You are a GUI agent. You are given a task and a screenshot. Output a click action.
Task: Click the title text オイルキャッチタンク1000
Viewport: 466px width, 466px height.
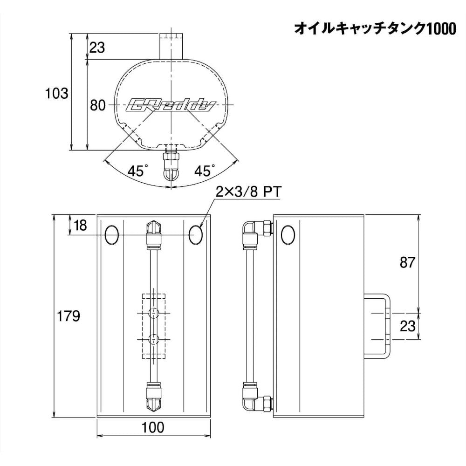point(375,29)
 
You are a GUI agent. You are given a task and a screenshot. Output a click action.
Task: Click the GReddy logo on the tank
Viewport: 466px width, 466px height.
point(171,105)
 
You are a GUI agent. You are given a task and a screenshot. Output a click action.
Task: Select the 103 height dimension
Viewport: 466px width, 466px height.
point(56,93)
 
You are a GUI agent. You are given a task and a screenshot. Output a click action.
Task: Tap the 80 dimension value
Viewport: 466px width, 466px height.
point(98,105)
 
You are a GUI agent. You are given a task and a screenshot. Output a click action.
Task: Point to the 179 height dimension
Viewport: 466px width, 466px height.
point(69,315)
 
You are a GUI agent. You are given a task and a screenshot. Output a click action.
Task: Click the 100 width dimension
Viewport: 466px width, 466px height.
point(153,427)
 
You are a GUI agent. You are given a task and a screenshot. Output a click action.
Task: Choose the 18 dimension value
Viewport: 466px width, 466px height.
point(80,225)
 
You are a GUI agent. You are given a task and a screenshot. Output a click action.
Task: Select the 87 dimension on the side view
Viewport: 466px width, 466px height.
point(407,262)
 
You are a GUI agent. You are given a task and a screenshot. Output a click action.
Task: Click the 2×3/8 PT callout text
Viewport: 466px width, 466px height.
point(248,192)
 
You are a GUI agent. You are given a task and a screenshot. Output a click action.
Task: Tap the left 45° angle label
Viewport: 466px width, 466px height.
point(136,171)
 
